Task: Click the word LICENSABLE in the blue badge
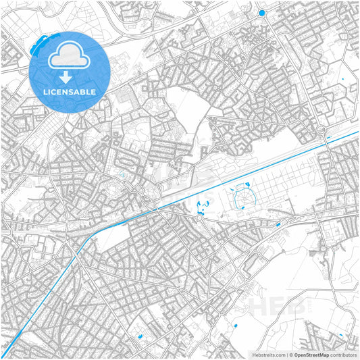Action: click(70, 91)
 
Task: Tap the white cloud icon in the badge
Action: click(70, 55)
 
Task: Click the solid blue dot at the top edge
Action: click(262, 13)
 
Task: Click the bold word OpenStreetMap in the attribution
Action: click(311, 355)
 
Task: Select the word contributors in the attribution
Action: click(342, 355)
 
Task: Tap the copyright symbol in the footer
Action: click(290, 355)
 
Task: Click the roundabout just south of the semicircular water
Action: click(201, 217)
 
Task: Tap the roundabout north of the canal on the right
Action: click(321, 130)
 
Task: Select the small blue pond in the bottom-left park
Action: click(140, 336)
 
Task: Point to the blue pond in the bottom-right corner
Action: click(342, 336)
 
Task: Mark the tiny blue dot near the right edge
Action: click(342, 80)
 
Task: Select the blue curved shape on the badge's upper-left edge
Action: click(38, 44)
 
